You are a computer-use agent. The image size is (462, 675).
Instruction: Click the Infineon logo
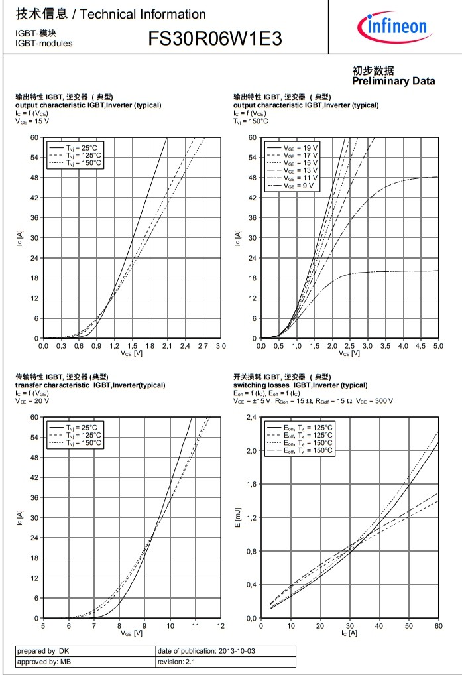(x=392, y=27)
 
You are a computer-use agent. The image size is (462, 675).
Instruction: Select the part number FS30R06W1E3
(x=215, y=39)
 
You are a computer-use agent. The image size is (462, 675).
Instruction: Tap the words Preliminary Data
(x=393, y=81)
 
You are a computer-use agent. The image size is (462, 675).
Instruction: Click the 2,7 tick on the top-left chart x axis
(x=203, y=346)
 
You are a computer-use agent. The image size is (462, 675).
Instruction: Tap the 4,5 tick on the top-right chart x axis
(x=420, y=346)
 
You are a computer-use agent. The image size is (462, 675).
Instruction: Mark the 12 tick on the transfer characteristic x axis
(x=220, y=625)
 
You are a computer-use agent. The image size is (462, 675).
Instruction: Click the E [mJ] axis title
(x=237, y=517)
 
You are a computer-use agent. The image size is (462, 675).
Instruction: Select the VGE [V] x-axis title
(x=131, y=633)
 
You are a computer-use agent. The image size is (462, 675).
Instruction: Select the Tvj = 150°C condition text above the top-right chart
(x=251, y=121)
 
